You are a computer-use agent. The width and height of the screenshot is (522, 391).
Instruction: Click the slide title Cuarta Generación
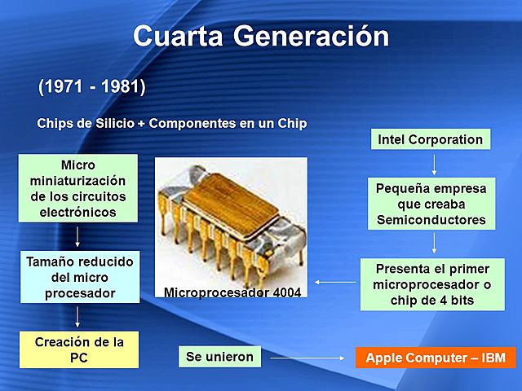(261, 36)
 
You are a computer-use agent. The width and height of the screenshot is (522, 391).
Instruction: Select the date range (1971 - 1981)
(91, 86)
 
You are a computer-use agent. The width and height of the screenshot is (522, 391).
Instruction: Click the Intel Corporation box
(430, 139)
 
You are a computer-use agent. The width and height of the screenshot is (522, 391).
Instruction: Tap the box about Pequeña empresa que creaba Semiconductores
(430, 204)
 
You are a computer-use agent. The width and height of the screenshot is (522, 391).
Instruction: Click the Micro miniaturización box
(78, 189)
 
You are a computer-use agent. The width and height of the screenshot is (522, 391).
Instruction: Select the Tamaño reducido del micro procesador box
(78, 277)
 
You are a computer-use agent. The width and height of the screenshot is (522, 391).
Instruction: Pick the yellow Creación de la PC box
(78, 349)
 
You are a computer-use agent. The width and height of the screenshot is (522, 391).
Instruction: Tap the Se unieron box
(219, 357)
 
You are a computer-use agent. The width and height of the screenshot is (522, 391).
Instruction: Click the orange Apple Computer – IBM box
(436, 358)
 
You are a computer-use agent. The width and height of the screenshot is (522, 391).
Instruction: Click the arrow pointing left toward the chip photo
(334, 283)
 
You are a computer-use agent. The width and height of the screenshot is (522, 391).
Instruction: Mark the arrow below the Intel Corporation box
(433, 165)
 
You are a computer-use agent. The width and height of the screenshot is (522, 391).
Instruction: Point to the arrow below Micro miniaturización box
(77, 236)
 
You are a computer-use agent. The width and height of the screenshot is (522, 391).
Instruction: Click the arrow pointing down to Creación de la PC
(77, 316)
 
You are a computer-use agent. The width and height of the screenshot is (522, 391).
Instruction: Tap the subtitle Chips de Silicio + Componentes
(171, 124)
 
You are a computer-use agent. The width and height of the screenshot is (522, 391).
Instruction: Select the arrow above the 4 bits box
(433, 243)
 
